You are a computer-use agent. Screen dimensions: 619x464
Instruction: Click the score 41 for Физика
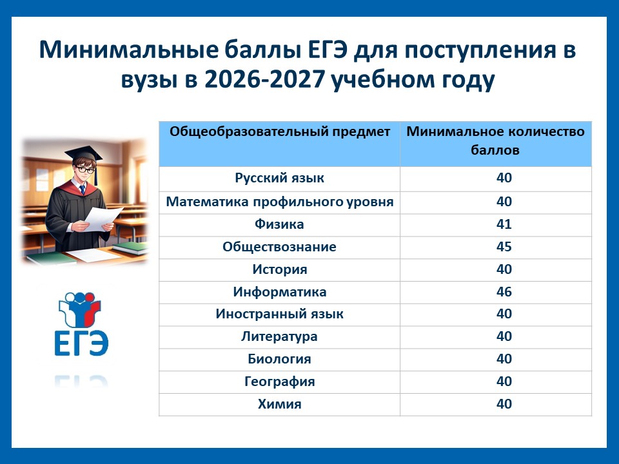pos(504,224)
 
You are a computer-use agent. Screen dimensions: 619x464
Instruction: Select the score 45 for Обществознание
pos(504,247)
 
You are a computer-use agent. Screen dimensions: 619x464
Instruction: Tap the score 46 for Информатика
pos(504,292)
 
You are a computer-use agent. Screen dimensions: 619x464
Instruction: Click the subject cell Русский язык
pos(279,178)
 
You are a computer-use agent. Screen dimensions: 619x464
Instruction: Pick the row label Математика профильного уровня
pos(279,202)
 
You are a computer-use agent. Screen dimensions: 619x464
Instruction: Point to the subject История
pos(279,269)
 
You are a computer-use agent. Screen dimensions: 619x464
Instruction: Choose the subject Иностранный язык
pos(279,314)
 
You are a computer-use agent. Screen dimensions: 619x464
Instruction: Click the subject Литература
pos(279,336)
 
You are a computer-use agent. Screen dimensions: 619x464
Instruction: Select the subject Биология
pos(279,359)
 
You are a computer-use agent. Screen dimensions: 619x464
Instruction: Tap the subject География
pos(279,382)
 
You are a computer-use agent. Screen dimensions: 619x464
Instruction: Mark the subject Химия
pos(279,404)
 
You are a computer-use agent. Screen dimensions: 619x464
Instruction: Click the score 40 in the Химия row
pos(504,404)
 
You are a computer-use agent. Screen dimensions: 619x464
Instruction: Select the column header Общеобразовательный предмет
pos(279,131)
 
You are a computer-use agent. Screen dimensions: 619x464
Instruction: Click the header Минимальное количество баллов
pos(495,140)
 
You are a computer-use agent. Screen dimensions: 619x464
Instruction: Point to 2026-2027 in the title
pos(264,80)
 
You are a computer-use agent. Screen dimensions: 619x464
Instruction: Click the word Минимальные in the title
pos(128,50)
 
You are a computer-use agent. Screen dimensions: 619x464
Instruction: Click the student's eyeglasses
pos(86,169)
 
